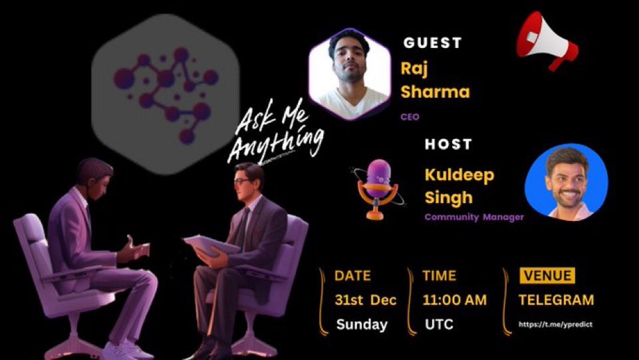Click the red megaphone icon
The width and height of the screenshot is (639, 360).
click(x=547, y=45)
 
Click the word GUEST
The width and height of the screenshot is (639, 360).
click(x=432, y=43)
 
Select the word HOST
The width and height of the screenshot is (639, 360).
click(x=448, y=144)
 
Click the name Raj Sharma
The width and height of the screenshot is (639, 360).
click(x=434, y=80)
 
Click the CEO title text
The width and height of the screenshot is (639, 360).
click(x=410, y=116)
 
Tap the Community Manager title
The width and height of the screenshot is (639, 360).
click(x=473, y=217)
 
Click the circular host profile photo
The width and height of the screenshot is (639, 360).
click(x=566, y=182)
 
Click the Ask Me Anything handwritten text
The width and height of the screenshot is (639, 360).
click(x=275, y=136)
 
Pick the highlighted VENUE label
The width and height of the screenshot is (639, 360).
click(x=547, y=275)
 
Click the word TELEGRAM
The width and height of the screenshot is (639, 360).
click(x=556, y=300)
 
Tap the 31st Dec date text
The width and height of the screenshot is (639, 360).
click(x=365, y=300)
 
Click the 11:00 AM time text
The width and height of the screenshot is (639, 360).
click(x=454, y=300)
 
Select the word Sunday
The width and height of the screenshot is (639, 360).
click(x=361, y=325)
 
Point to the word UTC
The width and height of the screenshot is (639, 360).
click(x=439, y=325)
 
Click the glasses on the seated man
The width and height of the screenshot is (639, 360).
click(x=243, y=180)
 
